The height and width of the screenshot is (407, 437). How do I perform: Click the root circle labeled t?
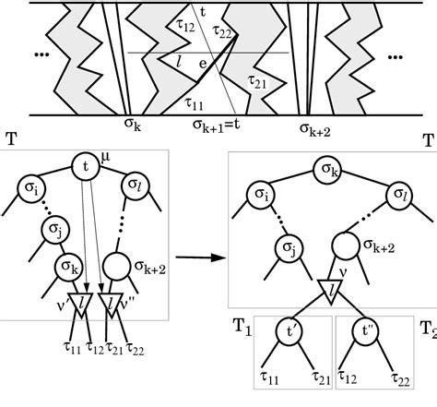[x=86, y=167]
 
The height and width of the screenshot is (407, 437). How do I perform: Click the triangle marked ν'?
[x=79, y=305]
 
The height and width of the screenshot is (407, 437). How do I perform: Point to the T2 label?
[x=426, y=329]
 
